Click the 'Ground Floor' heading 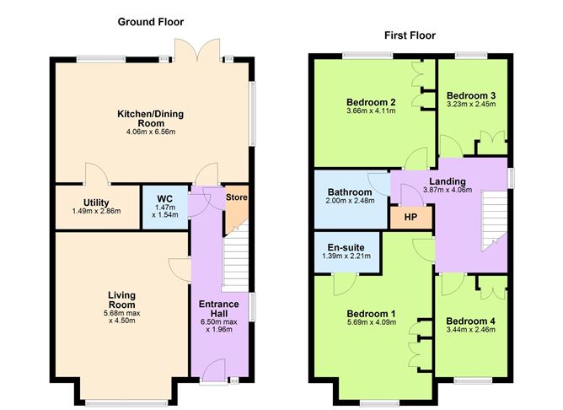[x=151, y=22]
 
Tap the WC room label [x=159, y=199]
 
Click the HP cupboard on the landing [x=410, y=216]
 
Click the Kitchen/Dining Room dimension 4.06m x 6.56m [x=151, y=132]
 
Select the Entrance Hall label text [x=219, y=309]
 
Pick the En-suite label [x=345, y=247]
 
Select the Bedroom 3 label [x=470, y=95]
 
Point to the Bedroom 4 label [x=470, y=321]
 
